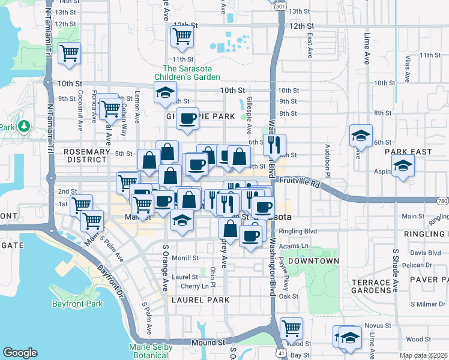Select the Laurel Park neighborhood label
(199, 299)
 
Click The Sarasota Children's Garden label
(187, 73)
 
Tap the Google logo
(20, 353)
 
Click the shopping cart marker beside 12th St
(182, 35)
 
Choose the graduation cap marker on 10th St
(164, 92)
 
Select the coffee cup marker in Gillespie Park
(188, 118)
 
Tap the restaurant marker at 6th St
(274, 144)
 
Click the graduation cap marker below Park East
(403, 166)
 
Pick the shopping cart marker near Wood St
(291, 328)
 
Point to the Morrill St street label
(185, 258)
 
